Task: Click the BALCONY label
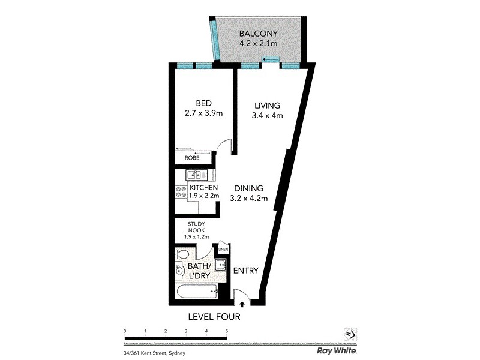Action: point(258,34)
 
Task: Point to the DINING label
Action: point(248,188)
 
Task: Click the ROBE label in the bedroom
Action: point(192,158)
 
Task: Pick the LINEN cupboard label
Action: point(223,249)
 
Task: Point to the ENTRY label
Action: point(246,271)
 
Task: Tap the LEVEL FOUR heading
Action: point(215,316)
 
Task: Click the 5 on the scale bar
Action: point(227,331)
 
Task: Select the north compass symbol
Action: point(350,334)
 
